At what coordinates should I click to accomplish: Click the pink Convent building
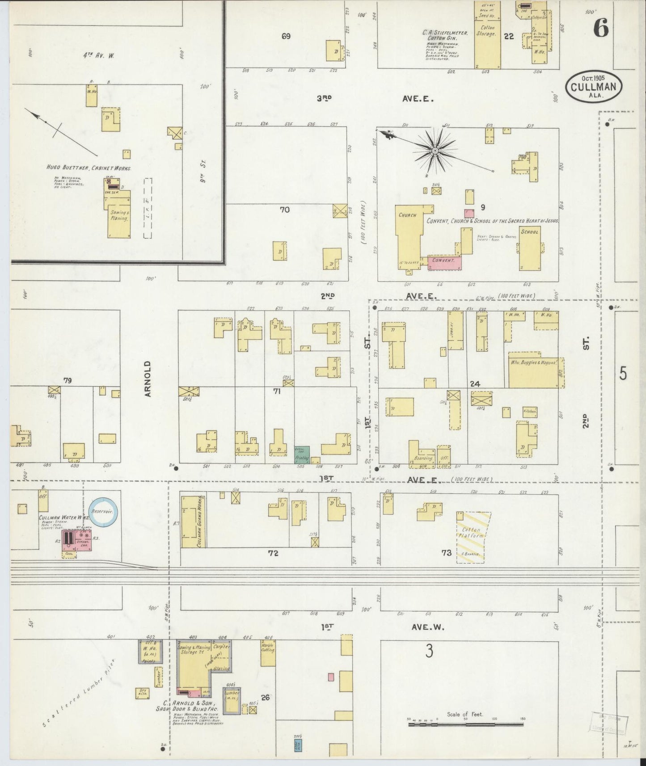pyautogui.click(x=444, y=262)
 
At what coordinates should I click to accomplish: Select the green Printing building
pyautogui.click(x=300, y=455)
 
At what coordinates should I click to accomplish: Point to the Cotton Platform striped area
pyautogui.click(x=473, y=537)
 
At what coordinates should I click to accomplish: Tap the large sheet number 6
pyautogui.click(x=600, y=29)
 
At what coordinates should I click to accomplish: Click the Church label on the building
pyautogui.click(x=407, y=215)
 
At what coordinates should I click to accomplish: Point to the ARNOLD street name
pyautogui.click(x=148, y=379)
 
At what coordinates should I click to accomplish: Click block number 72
pyautogui.click(x=273, y=553)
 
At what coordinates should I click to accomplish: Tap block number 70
pyautogui.click(x=285, y=209)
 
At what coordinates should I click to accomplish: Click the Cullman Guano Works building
pyautogui.click(x=192, y=522)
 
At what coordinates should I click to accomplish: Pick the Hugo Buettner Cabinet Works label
pyautogui.click(x=89, y=168)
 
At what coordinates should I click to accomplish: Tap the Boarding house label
pyautogui.click(x=423, y=458)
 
